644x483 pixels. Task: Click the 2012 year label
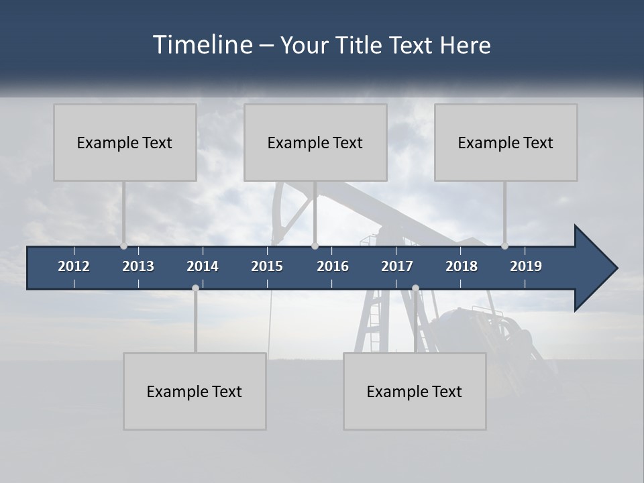coord(74,266)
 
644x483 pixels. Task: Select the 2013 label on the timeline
coord(138,266)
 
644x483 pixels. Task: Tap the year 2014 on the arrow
coord(203,266)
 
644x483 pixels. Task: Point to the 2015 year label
coord(267,266)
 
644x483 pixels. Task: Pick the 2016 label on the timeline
coord(333,266)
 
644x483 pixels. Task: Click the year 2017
coord(397,266)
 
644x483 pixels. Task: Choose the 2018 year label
coord(462,266)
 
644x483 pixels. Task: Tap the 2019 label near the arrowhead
coord(526,266)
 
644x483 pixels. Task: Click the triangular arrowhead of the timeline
coord(594,268)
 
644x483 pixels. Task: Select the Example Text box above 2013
coord(125,142)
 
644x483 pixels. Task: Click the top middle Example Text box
coord(315,142)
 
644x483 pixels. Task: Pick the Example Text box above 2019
coord(506,142)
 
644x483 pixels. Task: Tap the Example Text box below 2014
coord(195,391)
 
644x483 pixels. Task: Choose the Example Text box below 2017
coord(415,391)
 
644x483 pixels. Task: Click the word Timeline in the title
coord(202,45)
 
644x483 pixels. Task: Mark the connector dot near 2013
coord(123,246)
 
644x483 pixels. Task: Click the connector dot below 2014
coord(195,288)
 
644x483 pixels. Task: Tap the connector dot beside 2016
coord(315,246)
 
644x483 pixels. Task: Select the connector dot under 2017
coord(415,288)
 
